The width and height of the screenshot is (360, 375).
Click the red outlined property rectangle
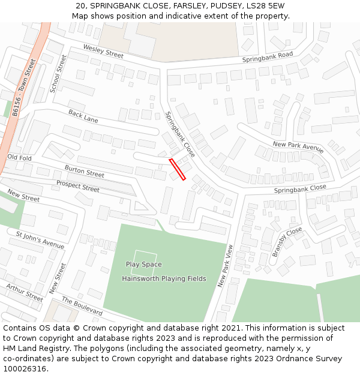click(178, 169)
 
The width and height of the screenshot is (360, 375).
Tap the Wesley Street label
click(103, 52)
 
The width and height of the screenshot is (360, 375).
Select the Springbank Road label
click(267, 58)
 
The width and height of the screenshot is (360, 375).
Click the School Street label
click(58, 73)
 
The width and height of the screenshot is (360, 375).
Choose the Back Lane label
click(83, 116)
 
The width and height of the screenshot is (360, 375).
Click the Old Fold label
click(19, 157)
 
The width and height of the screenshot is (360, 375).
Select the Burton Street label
click(84, 171)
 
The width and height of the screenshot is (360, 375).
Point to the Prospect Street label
click(77, 186)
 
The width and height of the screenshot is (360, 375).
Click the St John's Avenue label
click(40, 241)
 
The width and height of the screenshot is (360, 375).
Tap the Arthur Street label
click(25, 292)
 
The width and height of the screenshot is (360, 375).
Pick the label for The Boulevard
click(82, 306)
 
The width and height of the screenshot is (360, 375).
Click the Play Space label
click(143, 264)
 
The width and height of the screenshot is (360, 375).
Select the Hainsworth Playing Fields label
click(164, 278)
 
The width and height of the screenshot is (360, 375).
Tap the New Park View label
click(226, 265)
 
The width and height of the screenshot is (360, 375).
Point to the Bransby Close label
click(287, 242)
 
